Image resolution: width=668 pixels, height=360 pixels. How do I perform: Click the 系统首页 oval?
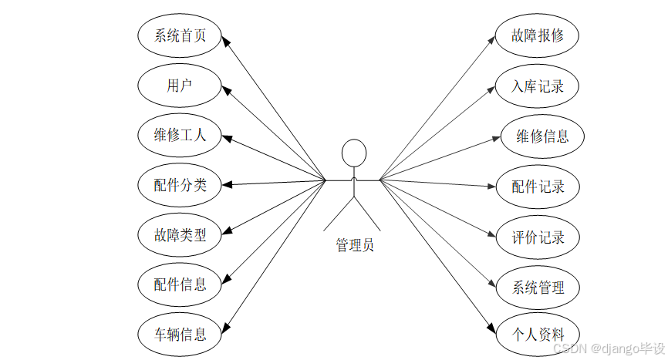click(x=180, y=35)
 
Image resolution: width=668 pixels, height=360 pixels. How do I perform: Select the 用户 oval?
click(x=180, y=85)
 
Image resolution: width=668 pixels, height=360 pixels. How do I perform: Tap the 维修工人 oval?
click(x=180, y=135)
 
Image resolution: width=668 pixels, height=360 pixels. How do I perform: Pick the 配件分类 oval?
click(x=180, y=184)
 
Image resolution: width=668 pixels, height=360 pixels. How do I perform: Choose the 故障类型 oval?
click(x=180, y=234)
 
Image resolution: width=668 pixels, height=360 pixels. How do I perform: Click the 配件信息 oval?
click(x=180, y=284)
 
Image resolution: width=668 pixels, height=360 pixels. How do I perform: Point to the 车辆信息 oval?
click(x=180, y=334)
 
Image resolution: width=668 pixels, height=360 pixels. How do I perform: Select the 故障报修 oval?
click(x=538, y=36)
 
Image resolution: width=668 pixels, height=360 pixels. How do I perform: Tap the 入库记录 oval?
click(x=538, y=86)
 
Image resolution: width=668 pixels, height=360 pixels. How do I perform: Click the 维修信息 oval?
click(x=542, y=136)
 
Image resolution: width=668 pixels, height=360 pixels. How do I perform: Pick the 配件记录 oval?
click(x=538, y=186)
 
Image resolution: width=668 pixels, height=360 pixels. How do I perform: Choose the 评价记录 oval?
click(x=538, y=237)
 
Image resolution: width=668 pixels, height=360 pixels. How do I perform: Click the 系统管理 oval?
click(x=538, y=288)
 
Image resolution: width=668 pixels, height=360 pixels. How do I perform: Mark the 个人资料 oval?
click(x=538, y=334)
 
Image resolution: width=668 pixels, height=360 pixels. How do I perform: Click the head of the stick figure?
click(x=353, y=152)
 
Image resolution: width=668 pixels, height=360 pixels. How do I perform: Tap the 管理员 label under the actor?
click(x=354, y=245)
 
